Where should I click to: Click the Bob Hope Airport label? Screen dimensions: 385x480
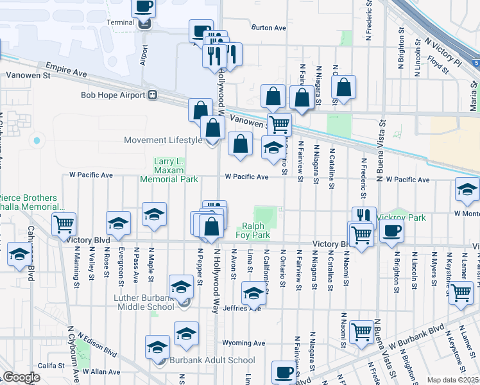pos(113,95)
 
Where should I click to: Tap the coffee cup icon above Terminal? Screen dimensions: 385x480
pos(144,7)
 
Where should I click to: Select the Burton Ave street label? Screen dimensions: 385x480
pos(269,28)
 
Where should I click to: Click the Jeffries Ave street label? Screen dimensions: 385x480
pos(243,308)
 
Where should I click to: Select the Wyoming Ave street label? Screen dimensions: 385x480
pos(243,343)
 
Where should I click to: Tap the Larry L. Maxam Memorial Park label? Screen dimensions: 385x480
pos(169,170)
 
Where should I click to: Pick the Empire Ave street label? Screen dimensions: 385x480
pos(66,69)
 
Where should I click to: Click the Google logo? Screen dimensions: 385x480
pos(21,377)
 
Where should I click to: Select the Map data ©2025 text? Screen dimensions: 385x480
pos(452,380)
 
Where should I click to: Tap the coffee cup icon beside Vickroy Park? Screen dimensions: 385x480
pos(391,231)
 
